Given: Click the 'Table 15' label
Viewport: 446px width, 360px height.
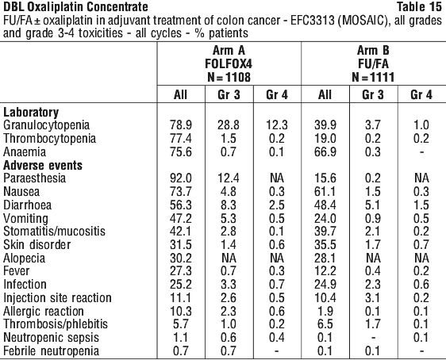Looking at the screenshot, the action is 419,6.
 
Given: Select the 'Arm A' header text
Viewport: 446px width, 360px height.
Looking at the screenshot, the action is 229,51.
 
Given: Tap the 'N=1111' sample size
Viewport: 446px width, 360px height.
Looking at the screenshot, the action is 373,77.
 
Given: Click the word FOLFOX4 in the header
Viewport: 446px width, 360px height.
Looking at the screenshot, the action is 229,64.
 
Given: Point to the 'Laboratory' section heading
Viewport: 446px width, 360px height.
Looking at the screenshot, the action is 31,113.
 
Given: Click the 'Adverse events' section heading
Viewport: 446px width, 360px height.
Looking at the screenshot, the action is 43,166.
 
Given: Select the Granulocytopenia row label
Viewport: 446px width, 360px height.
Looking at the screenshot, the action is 46,125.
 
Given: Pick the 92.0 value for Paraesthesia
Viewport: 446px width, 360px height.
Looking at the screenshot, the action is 181,178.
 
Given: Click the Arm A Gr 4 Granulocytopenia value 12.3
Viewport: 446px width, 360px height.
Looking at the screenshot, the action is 277,125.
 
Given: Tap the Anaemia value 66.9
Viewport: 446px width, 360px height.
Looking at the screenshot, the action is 325,152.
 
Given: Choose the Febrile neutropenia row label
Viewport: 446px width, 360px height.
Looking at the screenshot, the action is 51,351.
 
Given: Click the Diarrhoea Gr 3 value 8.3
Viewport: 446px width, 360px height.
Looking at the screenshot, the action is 229,205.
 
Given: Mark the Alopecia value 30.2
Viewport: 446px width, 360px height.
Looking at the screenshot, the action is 181,259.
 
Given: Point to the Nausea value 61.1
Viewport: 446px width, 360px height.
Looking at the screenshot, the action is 325,192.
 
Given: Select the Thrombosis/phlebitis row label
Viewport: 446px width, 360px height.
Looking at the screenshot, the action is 56,324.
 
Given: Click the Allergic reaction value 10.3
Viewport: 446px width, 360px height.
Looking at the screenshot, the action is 181,312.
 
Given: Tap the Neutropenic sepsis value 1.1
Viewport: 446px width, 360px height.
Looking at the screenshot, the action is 181,338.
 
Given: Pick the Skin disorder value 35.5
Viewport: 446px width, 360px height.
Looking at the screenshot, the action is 325,245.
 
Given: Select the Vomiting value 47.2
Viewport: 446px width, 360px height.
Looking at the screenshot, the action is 181,219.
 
